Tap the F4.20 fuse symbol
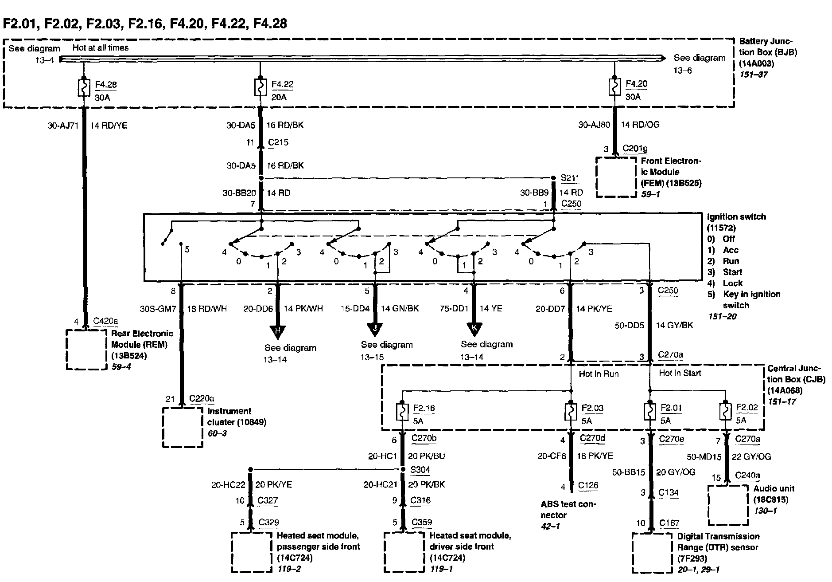point(614,87)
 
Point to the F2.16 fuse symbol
point(402,412)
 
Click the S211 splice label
point(570,178)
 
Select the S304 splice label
point(420,470)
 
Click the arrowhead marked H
point(278,331)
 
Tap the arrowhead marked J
point(375,330)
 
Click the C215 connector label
point(278,142)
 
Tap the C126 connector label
point(588,485)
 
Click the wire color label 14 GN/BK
point(400,308)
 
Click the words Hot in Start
point(680,373)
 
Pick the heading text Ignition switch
point(736,217)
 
